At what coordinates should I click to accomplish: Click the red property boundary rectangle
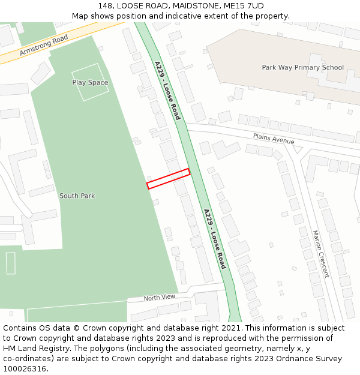[x=169, y=179]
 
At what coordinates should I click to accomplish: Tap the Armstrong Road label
[x=44, y=44]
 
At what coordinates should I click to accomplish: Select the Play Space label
[x=90, y=82]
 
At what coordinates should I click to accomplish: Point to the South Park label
[x=77, y=196]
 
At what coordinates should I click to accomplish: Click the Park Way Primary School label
[x=303, y=67]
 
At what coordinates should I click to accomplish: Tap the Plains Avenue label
[x=274, y=139]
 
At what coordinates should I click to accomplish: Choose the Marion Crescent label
[x=320, y=254]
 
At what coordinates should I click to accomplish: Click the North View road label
[x=159, y=297]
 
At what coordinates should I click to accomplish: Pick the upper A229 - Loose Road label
[x=167, y=91]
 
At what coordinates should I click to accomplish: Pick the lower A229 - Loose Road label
[x=214, y=238]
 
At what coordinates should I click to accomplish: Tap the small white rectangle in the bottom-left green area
[x=10, y=263]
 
